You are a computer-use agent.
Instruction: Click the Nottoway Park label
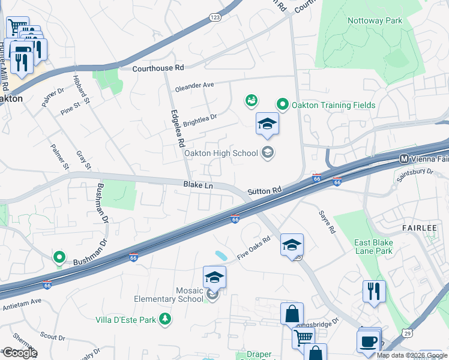coord(375,20)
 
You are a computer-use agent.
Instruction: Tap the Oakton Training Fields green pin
coord(282,105)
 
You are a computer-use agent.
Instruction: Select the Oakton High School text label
coord(221,153)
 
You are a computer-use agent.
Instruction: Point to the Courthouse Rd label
coord(158,68)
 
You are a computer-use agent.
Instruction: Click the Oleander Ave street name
coord(194,86)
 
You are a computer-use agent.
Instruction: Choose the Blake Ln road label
coord(198,186)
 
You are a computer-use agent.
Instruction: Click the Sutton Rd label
coord(264,191)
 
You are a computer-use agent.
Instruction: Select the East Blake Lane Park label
coord(373,247)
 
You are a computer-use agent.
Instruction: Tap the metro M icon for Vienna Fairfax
coord(404,159)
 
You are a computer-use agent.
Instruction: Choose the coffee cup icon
coord(368,341)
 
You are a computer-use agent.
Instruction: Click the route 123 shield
coord(215,18)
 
